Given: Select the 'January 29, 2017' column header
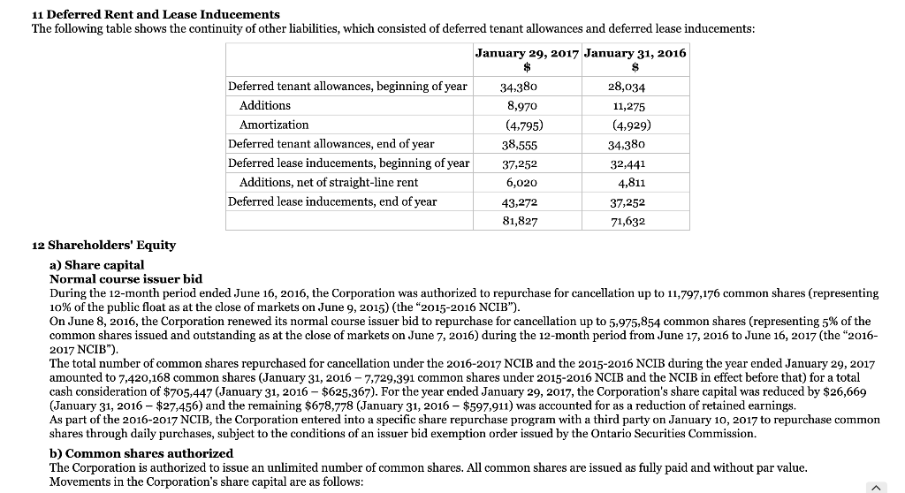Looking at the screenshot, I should [x=527, y=53].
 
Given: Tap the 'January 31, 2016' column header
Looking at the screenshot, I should [x=635, y=53].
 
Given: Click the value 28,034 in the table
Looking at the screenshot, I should [x=627, y=87].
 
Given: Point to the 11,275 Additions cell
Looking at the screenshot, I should [x=627, y=106].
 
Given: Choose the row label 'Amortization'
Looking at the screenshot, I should [x=274, y=125].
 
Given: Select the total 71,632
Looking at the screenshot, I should [x=627, y=221].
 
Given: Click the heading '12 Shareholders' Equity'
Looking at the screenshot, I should [x=98, y=245].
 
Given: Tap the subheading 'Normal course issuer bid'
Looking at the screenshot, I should [x=126, y=278].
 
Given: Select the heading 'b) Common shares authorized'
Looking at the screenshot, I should [x=141, y=453].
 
